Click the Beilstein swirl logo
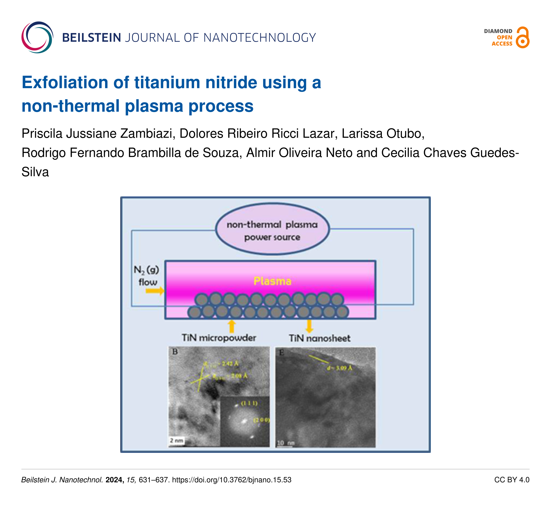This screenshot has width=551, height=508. point(37,37)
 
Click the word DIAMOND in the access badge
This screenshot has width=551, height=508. point(498,31)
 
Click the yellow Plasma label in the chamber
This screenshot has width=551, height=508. point(272,281)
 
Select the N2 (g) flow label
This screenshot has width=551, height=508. point(147,276)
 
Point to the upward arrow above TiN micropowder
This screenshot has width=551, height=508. point(232,326)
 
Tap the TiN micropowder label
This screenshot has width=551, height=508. point(219,338)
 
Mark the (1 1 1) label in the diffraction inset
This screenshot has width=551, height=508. point(249,403)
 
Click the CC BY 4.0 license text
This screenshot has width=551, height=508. point(512,480)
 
